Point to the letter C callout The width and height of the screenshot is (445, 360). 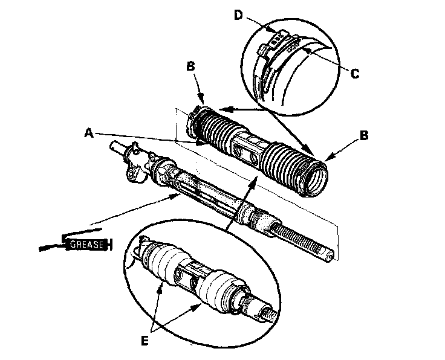(x=355, y=74)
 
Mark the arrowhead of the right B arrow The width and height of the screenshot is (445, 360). (x=326, y=159)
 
